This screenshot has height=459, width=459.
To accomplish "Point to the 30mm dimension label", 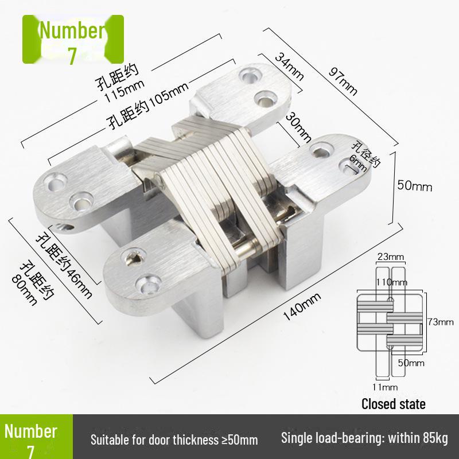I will pyautogui.click(x=298, y=127).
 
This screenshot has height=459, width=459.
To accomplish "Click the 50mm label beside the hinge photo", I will pyautogui.click(x=414, y=186).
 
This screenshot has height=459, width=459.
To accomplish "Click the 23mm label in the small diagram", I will pyautogui.click(x=391, y=256).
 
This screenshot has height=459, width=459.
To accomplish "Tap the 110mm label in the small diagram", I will pyautogui.click(x=391, y=282).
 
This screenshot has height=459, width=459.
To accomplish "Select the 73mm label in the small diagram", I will pyautogui.click(x=441, y=322).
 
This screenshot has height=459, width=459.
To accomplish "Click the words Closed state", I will pyautogui.click(x=394, y=404).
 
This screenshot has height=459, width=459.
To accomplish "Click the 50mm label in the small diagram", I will pyautogui.click(x=411, y=363).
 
